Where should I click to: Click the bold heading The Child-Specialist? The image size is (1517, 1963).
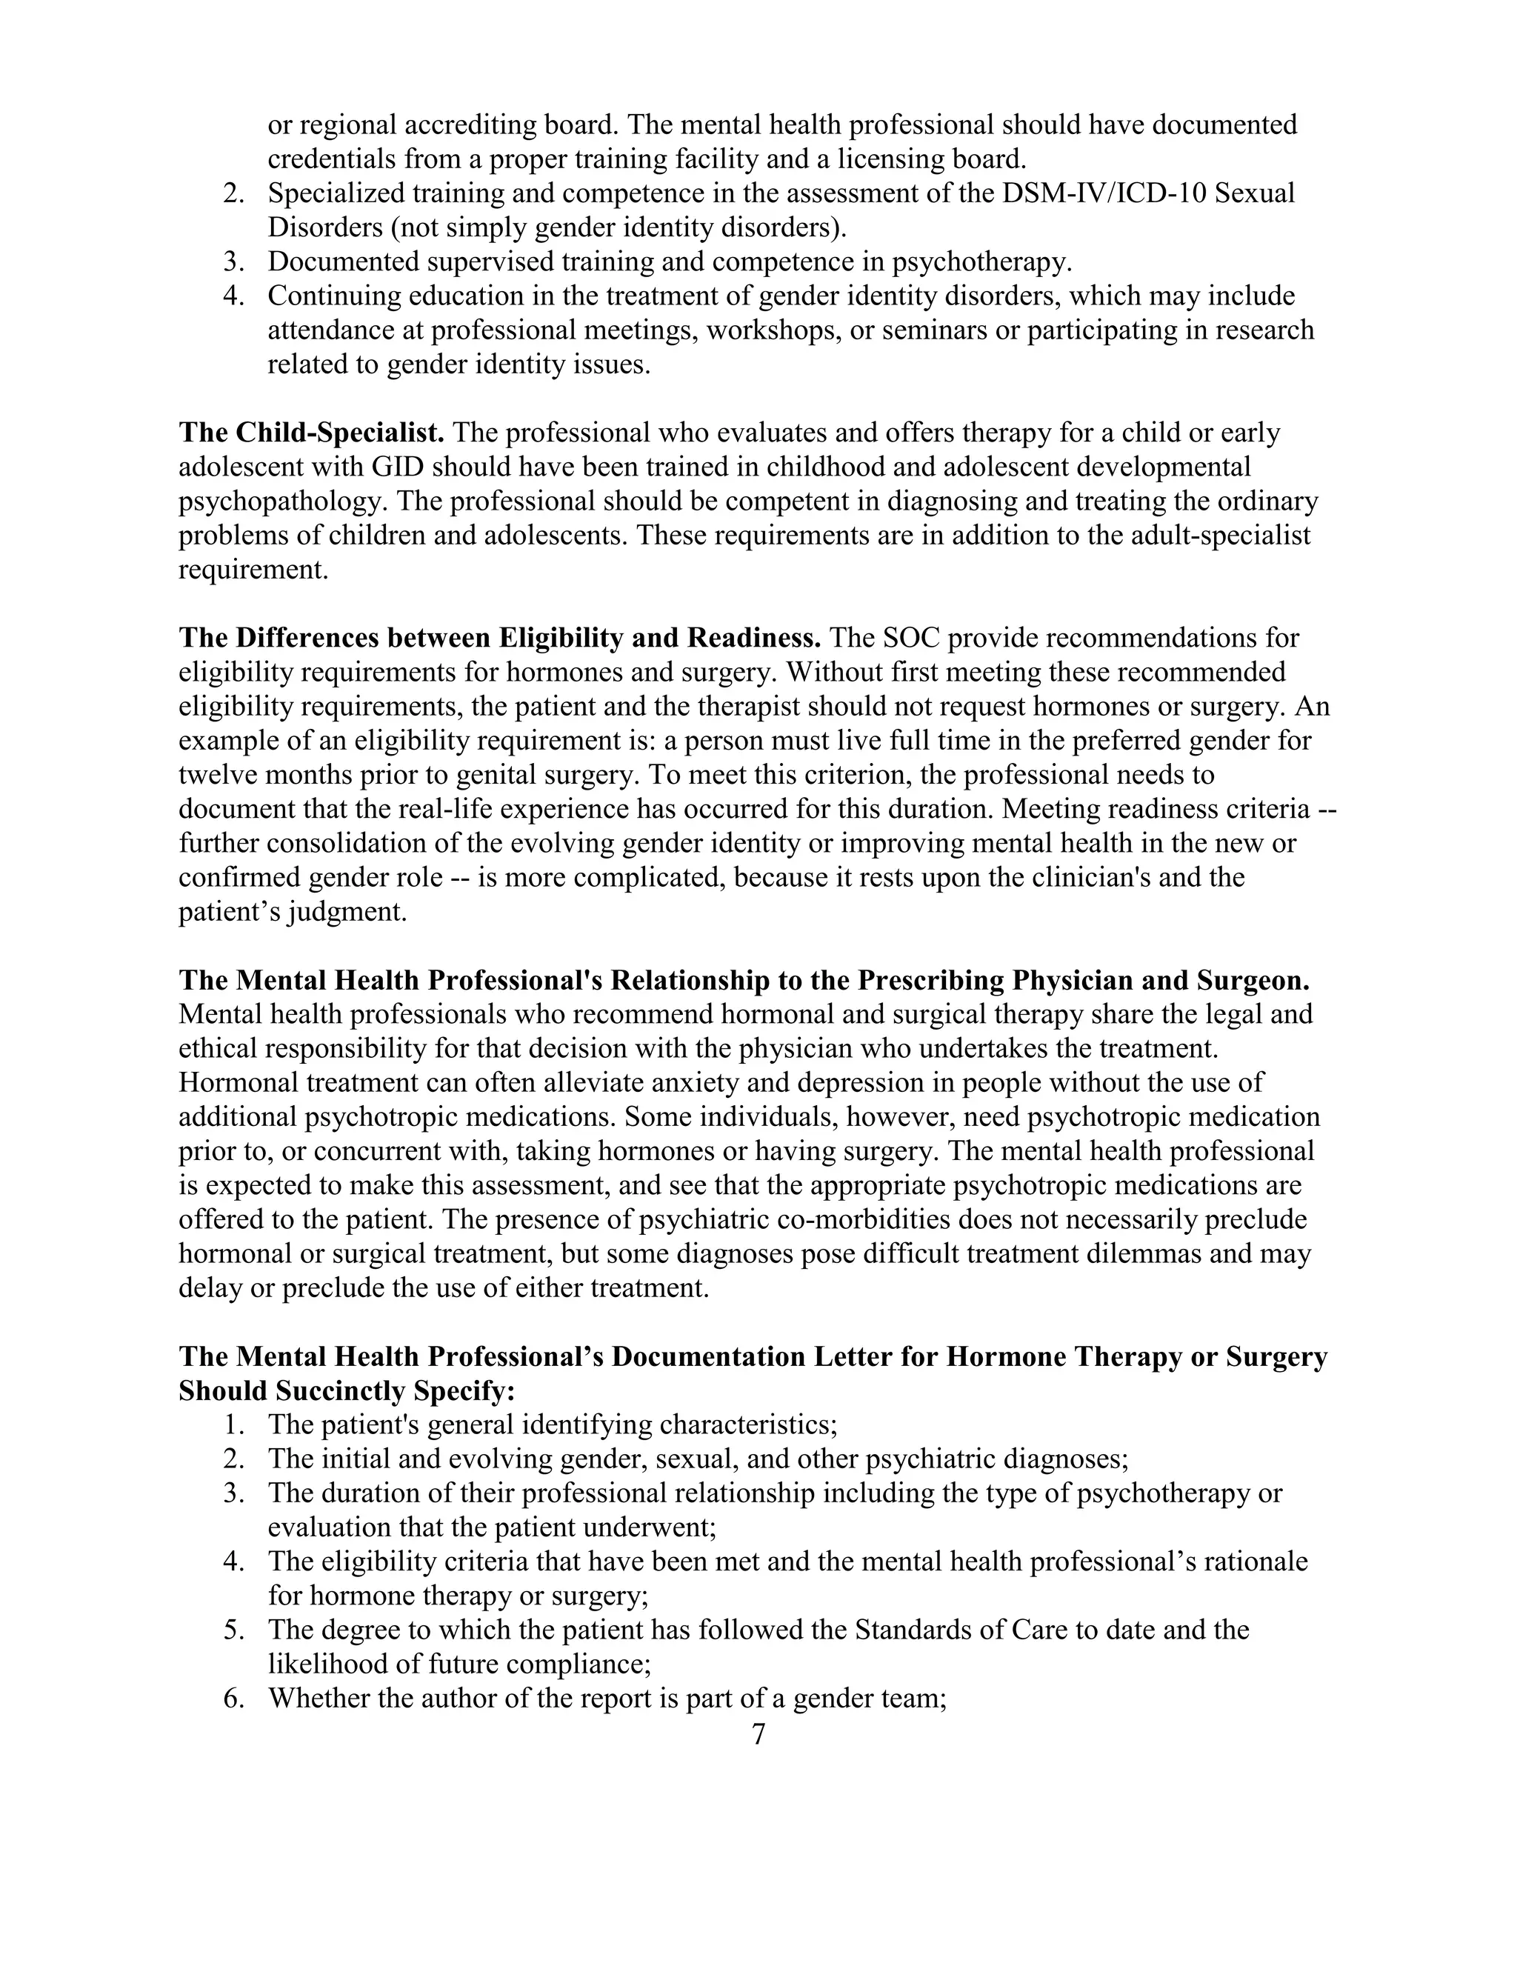tap(311, 433)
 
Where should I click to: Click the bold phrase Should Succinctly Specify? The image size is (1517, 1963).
tap(347, 1390)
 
